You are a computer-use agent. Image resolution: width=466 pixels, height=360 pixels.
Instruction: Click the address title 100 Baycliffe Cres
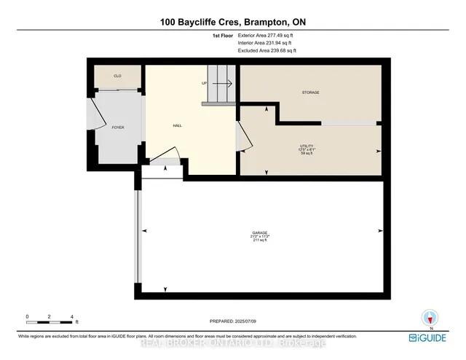[x=232, y=23]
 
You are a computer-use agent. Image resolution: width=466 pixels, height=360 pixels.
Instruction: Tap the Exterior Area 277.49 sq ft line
[x=266, y=34]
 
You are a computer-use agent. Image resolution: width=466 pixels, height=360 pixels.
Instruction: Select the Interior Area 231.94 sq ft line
[x=266, y=43]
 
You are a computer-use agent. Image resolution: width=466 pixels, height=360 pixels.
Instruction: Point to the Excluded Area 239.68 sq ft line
[x=266, y=52]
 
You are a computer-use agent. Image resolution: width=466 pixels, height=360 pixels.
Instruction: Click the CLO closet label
[x=116, y=76]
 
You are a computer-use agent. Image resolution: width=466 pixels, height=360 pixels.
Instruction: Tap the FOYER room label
[x=118, y=128]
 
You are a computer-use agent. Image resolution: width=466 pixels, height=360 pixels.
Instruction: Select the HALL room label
[x=177, y=125]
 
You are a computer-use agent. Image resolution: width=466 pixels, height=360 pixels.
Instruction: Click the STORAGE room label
[x=311, y=93]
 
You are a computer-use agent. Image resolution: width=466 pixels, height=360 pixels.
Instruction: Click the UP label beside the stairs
[x=205, y=83]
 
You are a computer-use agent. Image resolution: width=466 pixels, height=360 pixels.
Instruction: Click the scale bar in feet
[x=50, y=318]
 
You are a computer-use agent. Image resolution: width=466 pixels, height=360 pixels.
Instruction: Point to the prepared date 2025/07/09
[x=233, y=321]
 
